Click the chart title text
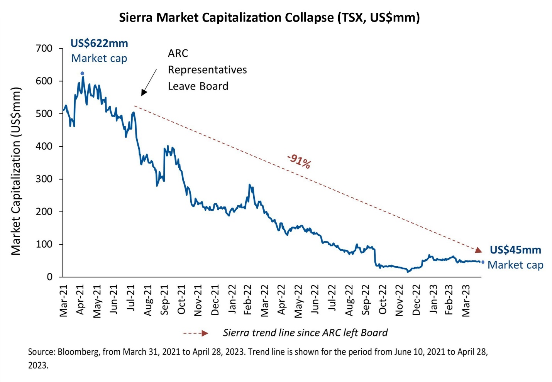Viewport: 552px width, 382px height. tap(269, 18)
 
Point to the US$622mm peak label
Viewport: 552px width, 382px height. tap(99, 43)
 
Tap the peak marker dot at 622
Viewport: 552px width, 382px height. tap(82, 73)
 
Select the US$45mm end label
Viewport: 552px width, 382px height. tap(515, 250)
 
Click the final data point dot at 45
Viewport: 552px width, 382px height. tap(483, 262)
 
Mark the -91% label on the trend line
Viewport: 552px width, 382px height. tap(299, 161)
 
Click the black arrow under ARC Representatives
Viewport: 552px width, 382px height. tap(149, 82)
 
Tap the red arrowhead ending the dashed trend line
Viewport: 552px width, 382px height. tap(478, 250)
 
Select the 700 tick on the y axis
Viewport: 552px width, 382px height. tap(44, 49)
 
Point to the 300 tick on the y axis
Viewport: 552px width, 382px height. tap(44, 179)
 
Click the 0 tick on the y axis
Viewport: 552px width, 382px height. tap(49, 277)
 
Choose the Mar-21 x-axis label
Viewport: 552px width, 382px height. tap(64, 301)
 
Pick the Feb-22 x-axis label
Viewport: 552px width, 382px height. tap(248, 301)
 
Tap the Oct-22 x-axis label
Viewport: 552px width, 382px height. tap(383, 301)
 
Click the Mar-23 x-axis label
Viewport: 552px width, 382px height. tap(466, 301)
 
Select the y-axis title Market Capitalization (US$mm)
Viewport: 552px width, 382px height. tap(15, 171)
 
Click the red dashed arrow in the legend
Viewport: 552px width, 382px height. tap(196, 333)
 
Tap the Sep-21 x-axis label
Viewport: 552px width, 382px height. tap(164, 301)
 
